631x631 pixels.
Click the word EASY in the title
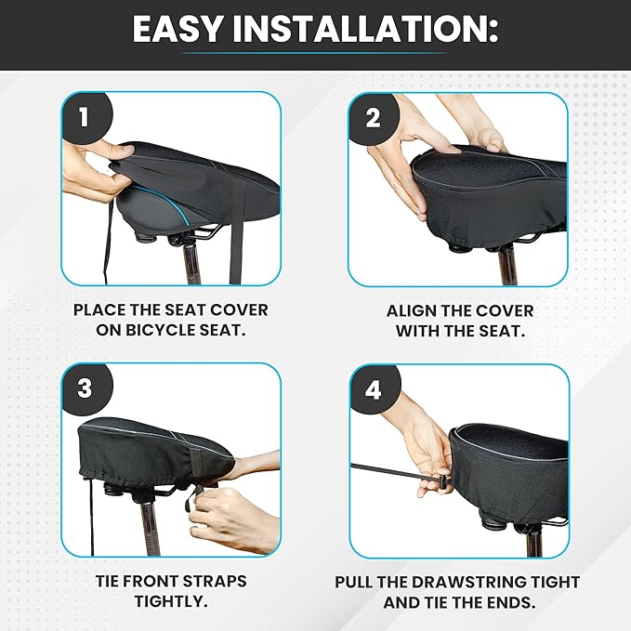click(177, 29)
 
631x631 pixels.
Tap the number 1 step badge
click(86, 117)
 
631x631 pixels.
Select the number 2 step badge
click(373, 118)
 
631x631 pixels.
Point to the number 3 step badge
click(86, 388)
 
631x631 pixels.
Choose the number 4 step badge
click(375, 390)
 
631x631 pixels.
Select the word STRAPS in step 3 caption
click(217, 582)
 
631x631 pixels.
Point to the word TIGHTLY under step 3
click(171, 601)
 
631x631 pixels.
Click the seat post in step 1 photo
click(191, 261)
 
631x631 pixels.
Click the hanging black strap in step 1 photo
click(237, 237)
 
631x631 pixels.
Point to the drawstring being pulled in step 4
click(397, 472)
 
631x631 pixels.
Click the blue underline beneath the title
click(313, 53)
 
